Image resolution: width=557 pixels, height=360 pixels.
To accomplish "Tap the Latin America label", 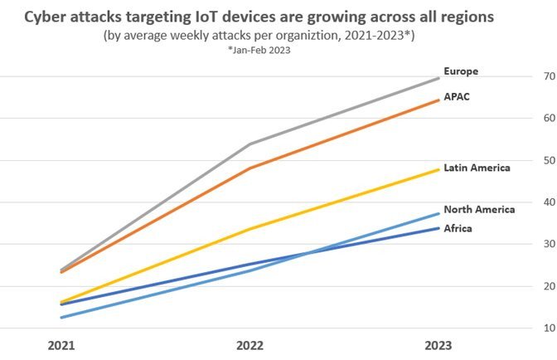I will click(476, 168).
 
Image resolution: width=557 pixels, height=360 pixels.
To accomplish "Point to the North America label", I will click(479, 209).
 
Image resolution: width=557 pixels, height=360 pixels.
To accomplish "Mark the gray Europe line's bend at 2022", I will click(249, 144).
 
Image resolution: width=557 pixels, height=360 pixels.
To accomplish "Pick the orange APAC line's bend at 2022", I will click(249, 168).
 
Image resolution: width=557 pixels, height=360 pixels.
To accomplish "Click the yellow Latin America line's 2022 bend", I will click(249, 229).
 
